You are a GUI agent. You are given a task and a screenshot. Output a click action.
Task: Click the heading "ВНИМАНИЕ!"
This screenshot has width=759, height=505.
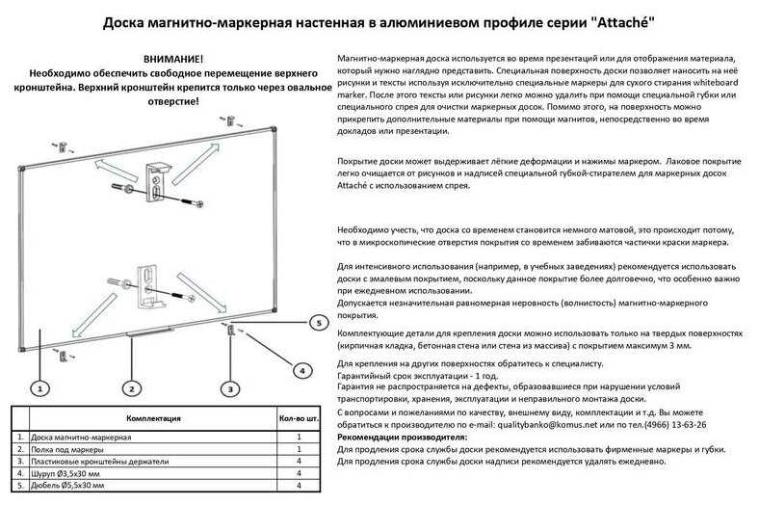click(x=172, y=60)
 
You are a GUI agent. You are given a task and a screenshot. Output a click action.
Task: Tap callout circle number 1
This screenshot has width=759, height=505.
click(x=39, y=388)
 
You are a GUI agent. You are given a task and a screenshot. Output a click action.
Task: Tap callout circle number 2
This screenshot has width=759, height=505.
click(x=130, y=388)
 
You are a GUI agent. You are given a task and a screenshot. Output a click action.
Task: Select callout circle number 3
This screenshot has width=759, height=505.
click(x=229, y=388)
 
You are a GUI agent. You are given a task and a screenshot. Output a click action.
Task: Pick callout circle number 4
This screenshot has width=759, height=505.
click(x=300, y=369)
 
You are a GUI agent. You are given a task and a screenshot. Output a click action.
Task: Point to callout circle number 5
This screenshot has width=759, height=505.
click(x=319, y=324)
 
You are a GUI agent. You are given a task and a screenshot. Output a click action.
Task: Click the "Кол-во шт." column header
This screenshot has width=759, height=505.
click(x=299, y=420)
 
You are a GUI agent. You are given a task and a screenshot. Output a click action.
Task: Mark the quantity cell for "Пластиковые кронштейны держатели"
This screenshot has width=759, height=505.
click(x=299, y=461)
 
